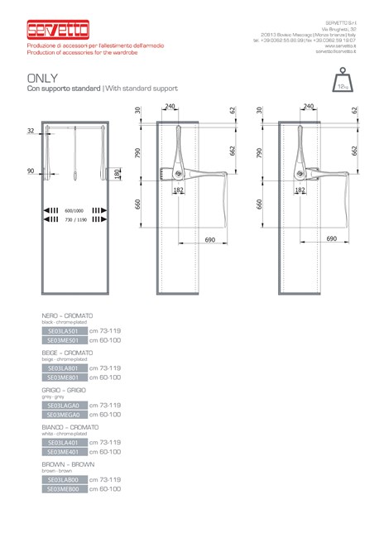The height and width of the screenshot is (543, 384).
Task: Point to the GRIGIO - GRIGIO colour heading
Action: (x=64, y=389)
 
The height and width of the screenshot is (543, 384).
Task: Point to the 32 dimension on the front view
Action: (x=31, y=131)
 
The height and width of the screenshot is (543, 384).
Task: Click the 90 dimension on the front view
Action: (x=31, y=171)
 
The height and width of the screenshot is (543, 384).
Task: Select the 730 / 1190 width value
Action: (x=74, y=222)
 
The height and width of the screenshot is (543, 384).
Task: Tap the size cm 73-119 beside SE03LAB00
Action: (x=104, y=479)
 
